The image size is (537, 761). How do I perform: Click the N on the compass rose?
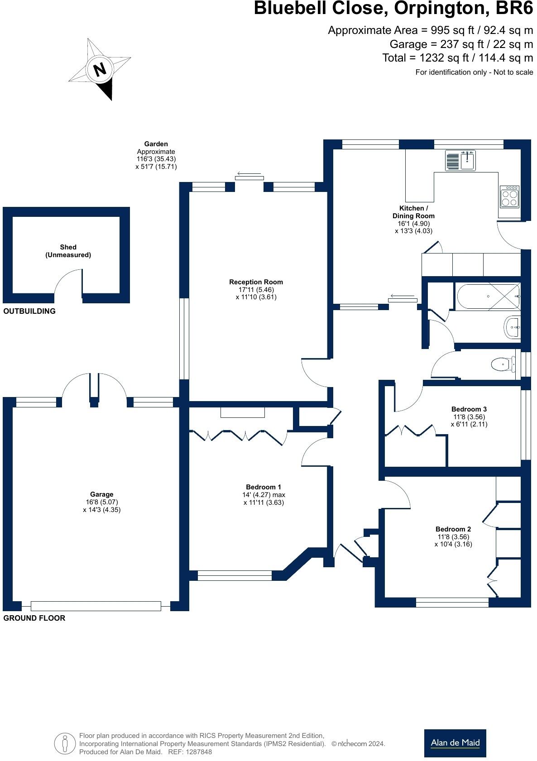point(100,69)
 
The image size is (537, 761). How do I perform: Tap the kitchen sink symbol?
point(460,160)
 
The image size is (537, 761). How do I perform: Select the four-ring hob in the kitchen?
point(509,196)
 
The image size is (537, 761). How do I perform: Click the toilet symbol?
point(503,364)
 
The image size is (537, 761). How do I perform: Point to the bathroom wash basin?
point(512,326)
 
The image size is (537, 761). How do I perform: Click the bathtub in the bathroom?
point(488,297)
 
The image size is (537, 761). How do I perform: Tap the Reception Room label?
point(256,282)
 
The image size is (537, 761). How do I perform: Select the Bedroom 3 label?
point(469,409)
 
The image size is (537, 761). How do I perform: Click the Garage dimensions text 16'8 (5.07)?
point(101,502)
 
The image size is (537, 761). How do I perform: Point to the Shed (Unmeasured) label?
point(68,251)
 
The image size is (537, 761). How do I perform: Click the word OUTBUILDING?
point(29,311)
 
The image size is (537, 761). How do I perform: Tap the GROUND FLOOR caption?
point(34,618)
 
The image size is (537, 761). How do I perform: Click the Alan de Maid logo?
point(455,743)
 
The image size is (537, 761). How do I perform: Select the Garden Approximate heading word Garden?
point(156,144)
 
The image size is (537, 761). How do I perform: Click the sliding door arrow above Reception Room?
point(249,174)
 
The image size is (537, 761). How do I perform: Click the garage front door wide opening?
point(96,606)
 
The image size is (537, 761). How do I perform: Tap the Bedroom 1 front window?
point(235,575)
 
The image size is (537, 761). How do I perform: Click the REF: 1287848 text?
point(190,752)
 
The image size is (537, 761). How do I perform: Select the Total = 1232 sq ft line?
point(457,58)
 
